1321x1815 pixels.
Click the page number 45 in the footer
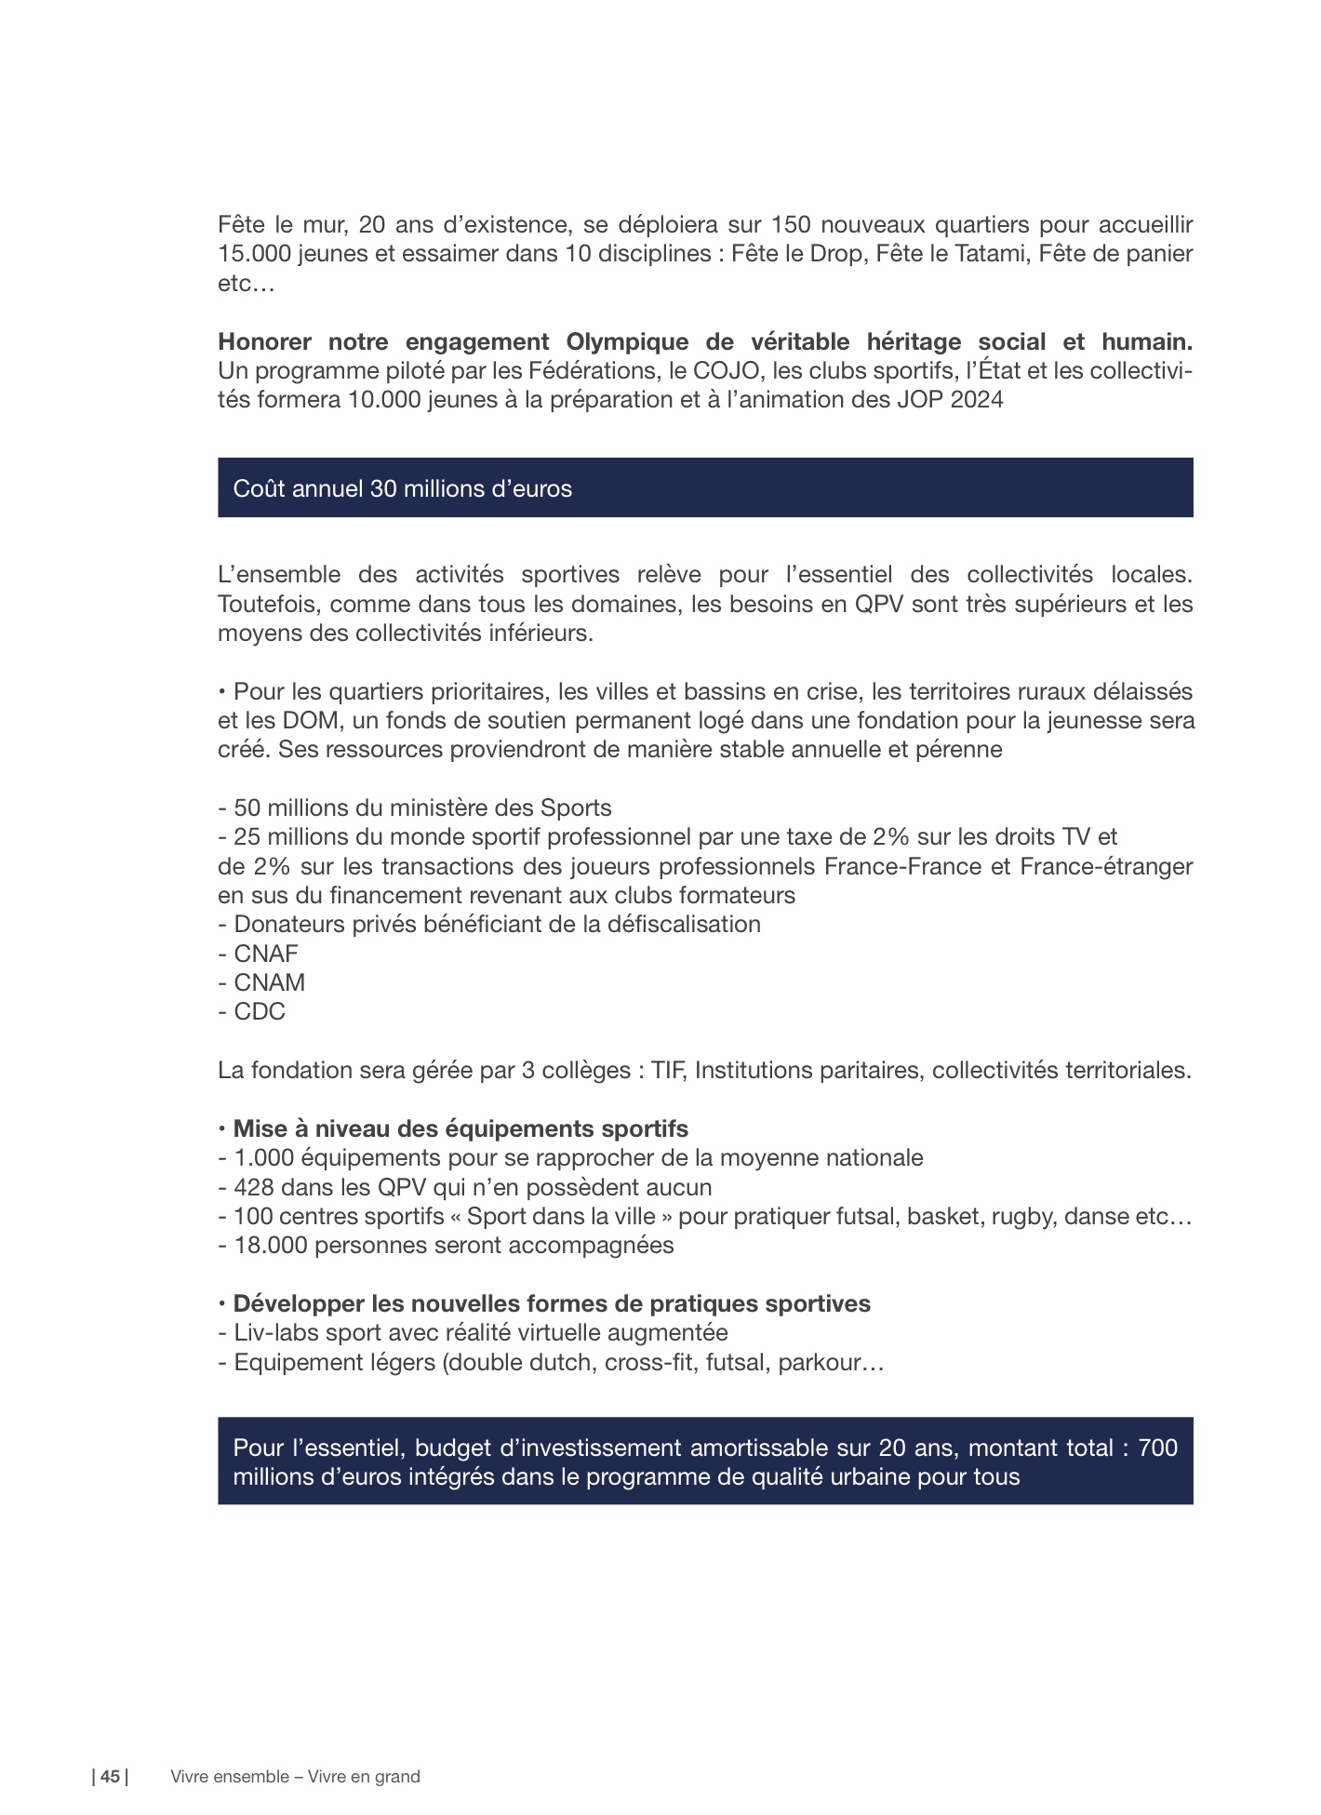coord(110,1776)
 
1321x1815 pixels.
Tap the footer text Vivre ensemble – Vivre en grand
coord(295,1776)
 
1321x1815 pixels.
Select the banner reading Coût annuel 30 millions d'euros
coord(704,487)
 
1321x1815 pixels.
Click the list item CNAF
coord(266,954)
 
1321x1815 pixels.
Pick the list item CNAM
coord(269,982)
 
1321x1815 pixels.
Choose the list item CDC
coord(260,1011)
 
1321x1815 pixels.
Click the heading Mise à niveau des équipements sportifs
coord(460,1128)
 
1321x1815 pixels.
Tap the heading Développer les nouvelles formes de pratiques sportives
coord(551,1303)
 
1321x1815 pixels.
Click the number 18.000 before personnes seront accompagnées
coord(271,1245)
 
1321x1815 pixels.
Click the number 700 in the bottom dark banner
coord(1157,1448)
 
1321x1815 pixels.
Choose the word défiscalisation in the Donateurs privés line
coord(683,924)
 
